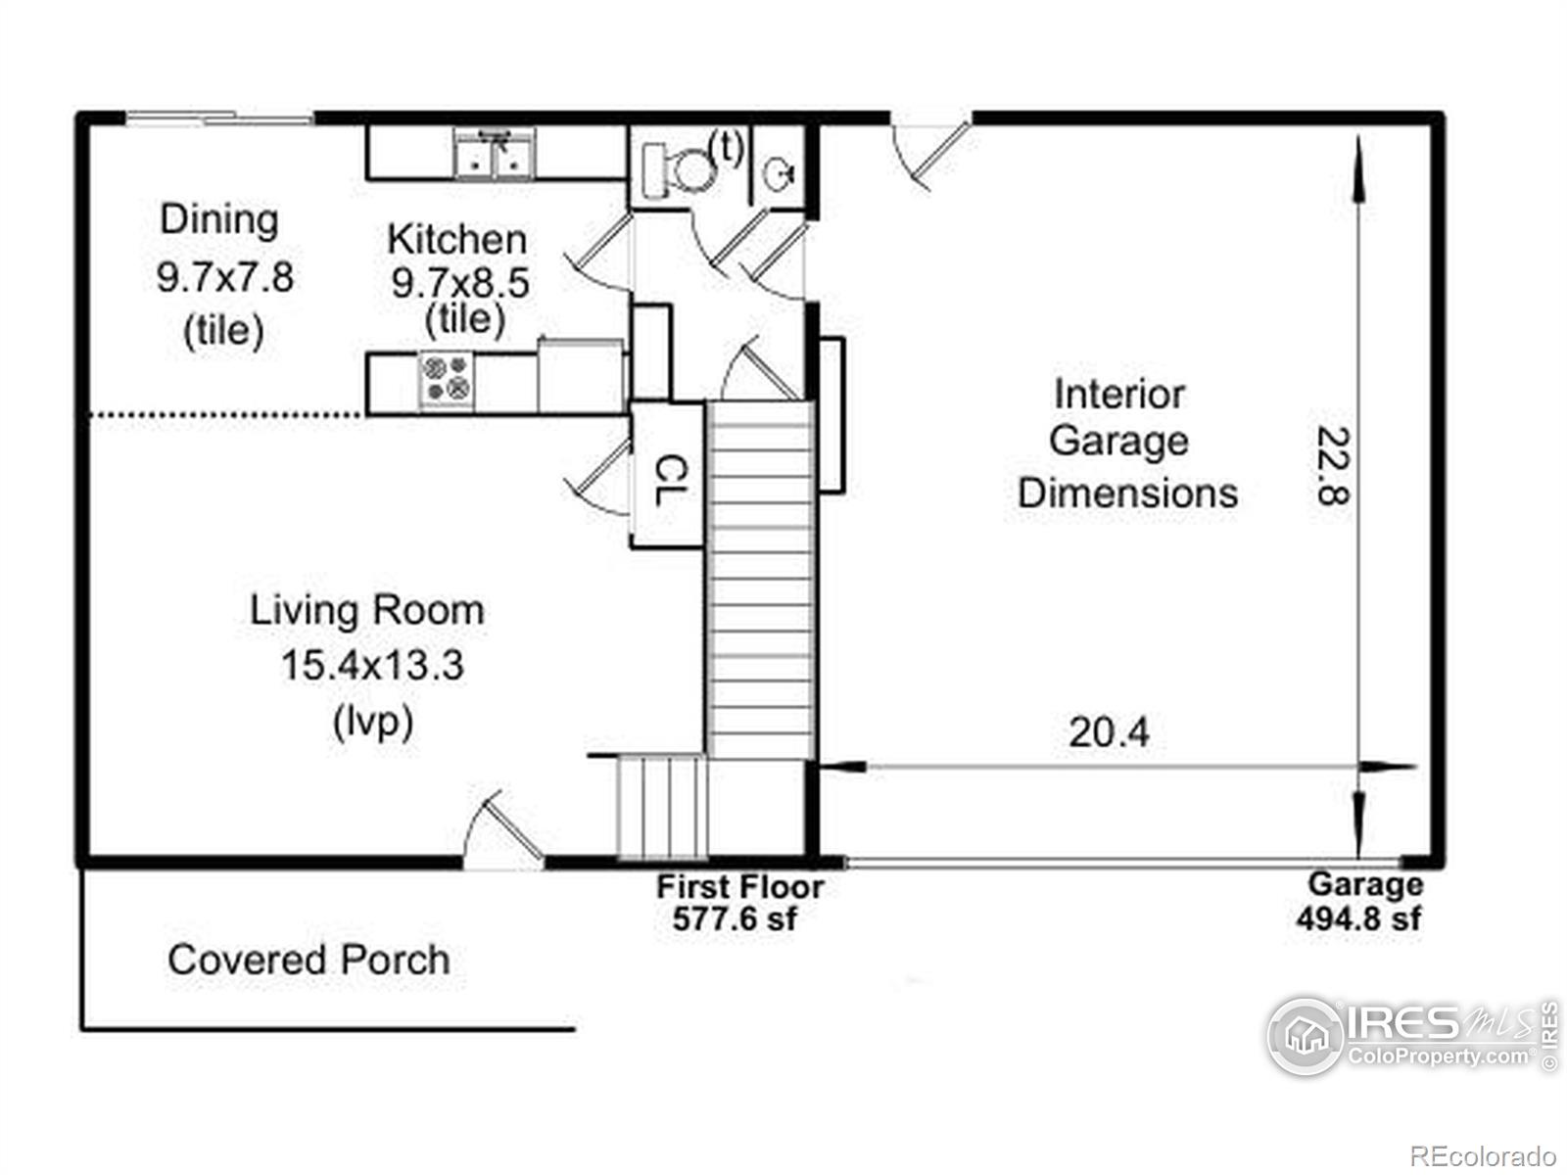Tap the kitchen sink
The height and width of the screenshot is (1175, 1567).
pos(494,153)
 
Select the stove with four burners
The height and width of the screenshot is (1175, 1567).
pos(447,380)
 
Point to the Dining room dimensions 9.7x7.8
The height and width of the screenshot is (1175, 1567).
pos(225,277)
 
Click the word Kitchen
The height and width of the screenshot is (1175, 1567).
pos(457,239)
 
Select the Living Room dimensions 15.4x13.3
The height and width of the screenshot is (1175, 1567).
pos(372,665)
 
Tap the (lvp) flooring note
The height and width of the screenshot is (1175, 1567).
pos(373,723)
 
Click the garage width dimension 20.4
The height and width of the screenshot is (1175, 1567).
pos(1109,732)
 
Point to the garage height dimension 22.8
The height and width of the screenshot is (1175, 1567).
pos(1333,465)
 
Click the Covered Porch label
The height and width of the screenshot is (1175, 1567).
pos(309,960)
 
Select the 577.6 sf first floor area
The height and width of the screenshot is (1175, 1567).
pos(735,918)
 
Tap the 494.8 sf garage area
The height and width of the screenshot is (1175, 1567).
pos(1358,918)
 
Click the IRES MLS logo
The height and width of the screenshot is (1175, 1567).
pos(1412,1036)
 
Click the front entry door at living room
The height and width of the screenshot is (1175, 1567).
pos(503,832)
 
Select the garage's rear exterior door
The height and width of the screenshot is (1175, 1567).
pos(931,154)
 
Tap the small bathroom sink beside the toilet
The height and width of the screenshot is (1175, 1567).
pos(779,173)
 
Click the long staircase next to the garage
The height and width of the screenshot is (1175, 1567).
pos(761,580)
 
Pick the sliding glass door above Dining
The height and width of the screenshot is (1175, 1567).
pos(219,117)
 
